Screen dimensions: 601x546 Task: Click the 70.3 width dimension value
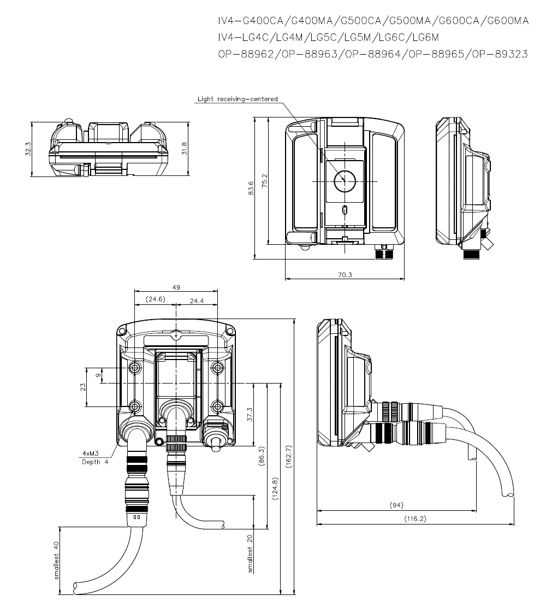pos(344,275)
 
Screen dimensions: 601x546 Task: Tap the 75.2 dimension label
pos(264,181)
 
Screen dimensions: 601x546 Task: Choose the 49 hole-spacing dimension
pos(176,287)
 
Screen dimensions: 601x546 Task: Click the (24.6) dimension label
pos(156,299)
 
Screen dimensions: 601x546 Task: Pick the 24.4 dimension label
pos(197,299)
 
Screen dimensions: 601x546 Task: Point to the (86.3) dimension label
pos(262,456)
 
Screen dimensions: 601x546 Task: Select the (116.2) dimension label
pos(415,518)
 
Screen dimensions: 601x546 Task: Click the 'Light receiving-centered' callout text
pos(238,99)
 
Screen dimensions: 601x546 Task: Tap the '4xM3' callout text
pos(91,453)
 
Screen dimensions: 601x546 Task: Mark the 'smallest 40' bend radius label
pos(56,560)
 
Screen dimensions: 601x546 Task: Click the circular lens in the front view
pos(345,180)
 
